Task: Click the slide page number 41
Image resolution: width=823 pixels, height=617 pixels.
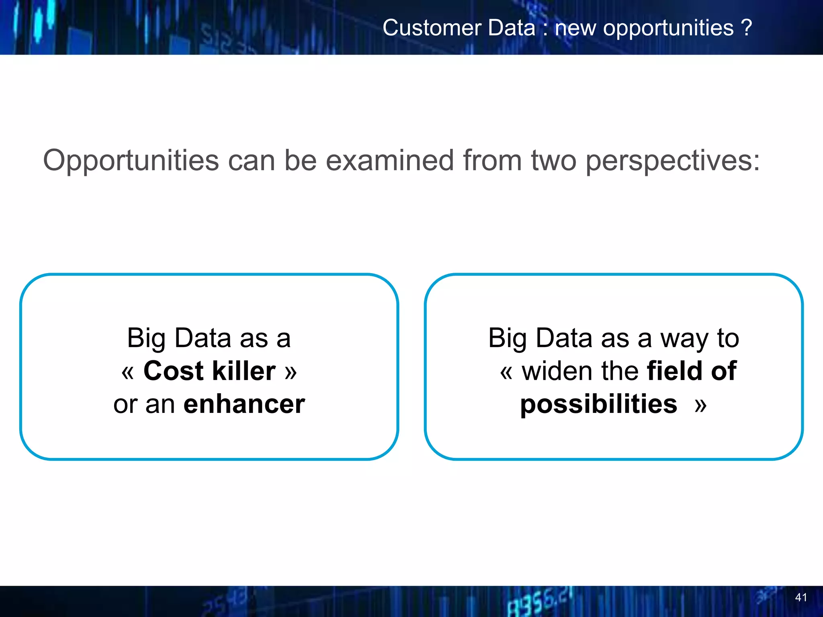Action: click(x=800, y=597)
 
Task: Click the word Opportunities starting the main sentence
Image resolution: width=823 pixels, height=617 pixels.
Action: click(x=131, y=161)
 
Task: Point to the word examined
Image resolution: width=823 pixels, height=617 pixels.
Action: click(x=389, y=161)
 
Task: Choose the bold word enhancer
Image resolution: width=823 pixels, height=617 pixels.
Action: click(x=244, y=404)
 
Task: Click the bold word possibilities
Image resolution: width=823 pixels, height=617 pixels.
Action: click(x=598, y=404)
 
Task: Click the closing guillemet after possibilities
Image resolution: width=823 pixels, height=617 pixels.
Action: click(x=700, y=405)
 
